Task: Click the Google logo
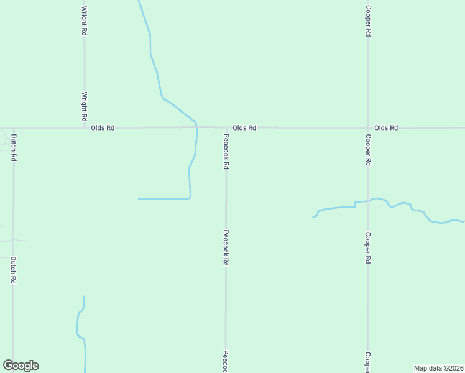[x=21, y=366]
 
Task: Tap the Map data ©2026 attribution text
[x=438, y=367]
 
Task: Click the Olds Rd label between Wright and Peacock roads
[x=103, y=128]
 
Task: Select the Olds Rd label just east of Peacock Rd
[x=244, y=128]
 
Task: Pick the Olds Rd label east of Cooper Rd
[x=385, y=128]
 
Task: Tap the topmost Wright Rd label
[x=84, y=21]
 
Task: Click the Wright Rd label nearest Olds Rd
[x=84, y=106]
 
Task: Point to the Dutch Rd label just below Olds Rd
[x=13, y=148]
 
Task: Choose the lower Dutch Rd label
[x=13, y=270]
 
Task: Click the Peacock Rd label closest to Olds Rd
[x=226, y=154]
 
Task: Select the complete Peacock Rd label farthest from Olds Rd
[x=226, y=249]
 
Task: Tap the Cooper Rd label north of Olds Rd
[x=368, y=21]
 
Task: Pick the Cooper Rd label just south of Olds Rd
[x=368, y=150]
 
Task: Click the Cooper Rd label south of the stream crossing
[x=368, y=248]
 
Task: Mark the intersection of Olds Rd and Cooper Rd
[x=368, y=128]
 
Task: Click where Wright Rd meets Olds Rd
[x=84, y=128]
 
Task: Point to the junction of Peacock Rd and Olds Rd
[x=226, y=128]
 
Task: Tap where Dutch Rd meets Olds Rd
[x=13, y=128]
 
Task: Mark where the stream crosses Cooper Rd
[x=368, y=200]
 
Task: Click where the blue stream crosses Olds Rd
[x=196, y=127]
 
